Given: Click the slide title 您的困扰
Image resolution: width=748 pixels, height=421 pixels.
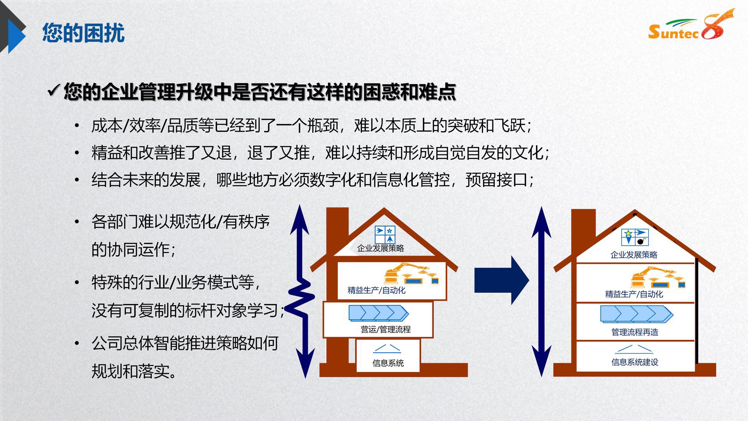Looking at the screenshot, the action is (83, 32).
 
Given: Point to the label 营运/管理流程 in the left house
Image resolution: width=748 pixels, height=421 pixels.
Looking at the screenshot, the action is (386, 329).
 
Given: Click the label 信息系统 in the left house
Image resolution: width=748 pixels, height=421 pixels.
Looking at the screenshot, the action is (388, 363).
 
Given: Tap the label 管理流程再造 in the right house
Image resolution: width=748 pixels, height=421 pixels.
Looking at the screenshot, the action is (635, 332).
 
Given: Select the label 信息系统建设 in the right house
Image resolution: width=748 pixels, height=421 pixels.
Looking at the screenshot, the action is (635, 362).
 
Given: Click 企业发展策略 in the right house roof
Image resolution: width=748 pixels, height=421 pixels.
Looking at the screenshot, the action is (634, 255).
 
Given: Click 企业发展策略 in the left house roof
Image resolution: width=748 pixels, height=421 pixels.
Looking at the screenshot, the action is (381, 248).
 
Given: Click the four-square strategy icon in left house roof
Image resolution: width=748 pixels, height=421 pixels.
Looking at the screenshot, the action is (385, 235).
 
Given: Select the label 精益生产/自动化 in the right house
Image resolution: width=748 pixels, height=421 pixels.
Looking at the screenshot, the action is (634, 294).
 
